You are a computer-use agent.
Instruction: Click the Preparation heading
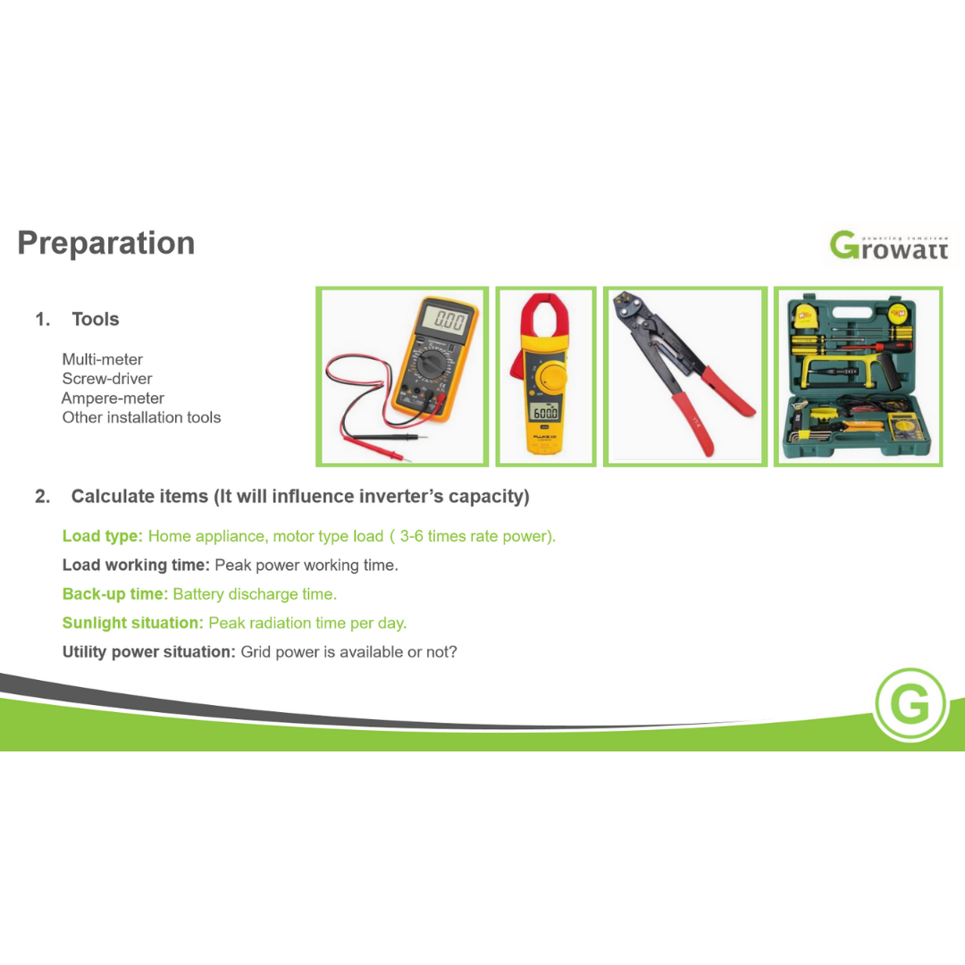[x=105, y=244]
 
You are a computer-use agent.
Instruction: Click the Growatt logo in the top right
[x=889, y=246]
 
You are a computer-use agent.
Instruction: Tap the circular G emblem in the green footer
[x=910, y=704]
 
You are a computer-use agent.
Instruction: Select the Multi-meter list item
[x=102, y=359]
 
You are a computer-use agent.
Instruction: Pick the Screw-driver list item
[x=107, y=379]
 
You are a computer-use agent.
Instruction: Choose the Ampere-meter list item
[x=113, y=399]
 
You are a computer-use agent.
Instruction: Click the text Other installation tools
[x=141, y=417]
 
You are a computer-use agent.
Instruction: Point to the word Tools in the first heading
[x=96, y=319]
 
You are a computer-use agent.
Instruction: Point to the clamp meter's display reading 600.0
[x=545, y=412]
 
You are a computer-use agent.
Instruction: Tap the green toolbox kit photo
[x=858, y=377]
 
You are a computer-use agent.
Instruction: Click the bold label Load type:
[x=102, y=536]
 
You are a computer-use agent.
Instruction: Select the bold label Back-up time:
[x=115, y=594]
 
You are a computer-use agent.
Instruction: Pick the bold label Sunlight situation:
[x=133, y=623]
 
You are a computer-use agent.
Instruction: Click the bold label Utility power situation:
[x=149, y=651]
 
